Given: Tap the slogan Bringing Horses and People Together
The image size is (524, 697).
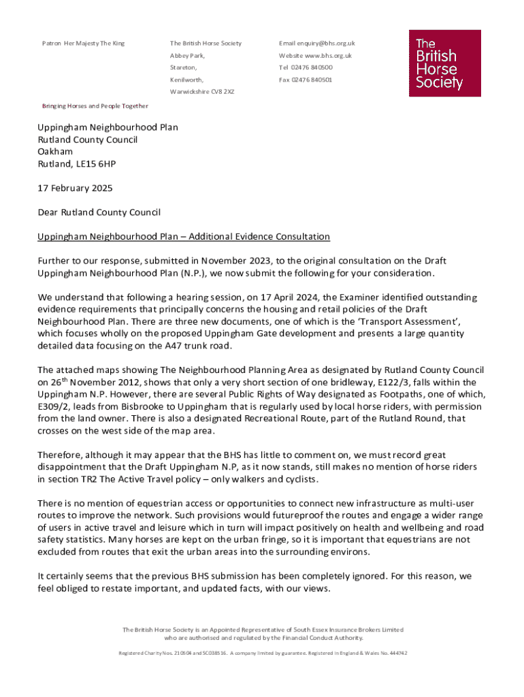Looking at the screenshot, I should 95,106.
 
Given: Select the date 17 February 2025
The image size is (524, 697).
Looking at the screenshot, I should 75,188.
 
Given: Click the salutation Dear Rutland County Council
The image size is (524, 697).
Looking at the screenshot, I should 99,212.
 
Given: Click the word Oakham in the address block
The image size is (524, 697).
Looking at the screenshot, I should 55,151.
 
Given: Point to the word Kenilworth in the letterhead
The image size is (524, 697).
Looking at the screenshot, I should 186,80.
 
